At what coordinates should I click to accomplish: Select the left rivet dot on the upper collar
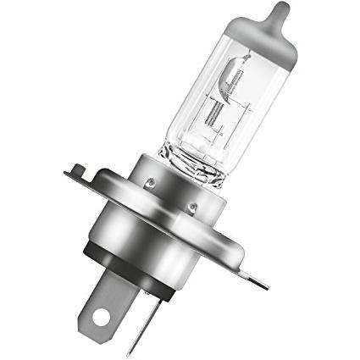[150, 180]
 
